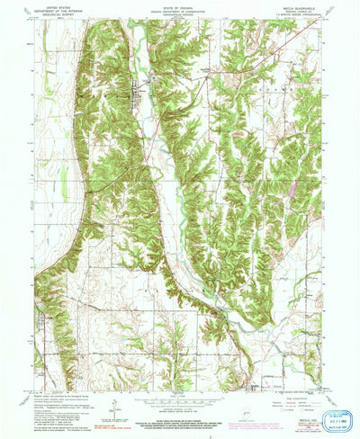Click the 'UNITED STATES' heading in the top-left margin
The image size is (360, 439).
point(56,5)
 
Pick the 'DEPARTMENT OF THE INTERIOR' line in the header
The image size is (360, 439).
point(56,10)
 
